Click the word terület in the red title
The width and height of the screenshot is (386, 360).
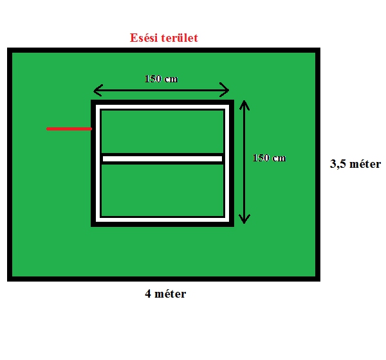pyautogui.click(x=179, y=38)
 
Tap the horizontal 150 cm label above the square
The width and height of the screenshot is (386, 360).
pyautogui.click(x=161, y=78)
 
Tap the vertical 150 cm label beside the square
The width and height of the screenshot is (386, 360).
pyautogui.click(x=270, y=157)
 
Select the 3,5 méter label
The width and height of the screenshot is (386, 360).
pyautogui.click(x=355, y=164)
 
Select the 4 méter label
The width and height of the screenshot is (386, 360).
pyautogui.click(x=165, y=294)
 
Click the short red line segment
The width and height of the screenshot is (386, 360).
pyautogui.click(x=69, y=129)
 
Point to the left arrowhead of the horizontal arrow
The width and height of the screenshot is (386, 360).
pyautogui.click(x=98, y=90)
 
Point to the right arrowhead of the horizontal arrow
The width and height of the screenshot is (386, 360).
pyautogui.click(x=225, y=90)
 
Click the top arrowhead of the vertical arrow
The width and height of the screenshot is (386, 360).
pyautogui.click(x=244, y=105)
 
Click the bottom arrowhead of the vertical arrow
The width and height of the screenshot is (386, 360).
pyautogui.click(x=244, y=219)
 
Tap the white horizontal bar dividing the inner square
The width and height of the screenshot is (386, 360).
pyautogui.click(x=163, y=159)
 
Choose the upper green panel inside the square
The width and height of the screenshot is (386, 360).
pyautogui.click(x=163, y=132)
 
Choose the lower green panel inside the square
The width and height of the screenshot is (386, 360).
pyautogui.click(x=163, y=190)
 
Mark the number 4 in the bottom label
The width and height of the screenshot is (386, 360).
pyautogui.click(x=148, y=294)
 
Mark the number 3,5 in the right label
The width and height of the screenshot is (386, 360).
pyautogui.click(x=338, y=164)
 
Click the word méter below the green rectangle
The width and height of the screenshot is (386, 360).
pyautogui.click(x=170, y=294)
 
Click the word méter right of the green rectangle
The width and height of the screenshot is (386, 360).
pyautogui.click(x=365, y=164)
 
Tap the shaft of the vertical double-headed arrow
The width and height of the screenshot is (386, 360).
pyautogui.click(x=244, y=162)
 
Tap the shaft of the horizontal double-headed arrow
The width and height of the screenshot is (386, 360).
pyautogui.click(x=161, y=90)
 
